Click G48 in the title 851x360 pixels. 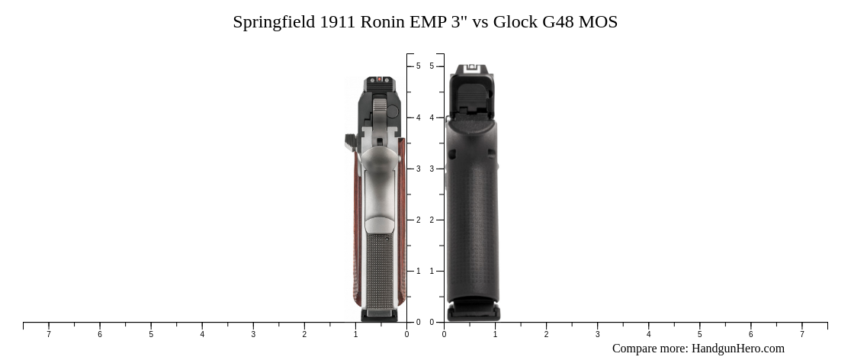tap(558, 22)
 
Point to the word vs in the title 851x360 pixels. tap(480, 22)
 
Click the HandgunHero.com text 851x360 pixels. tap(737, 349)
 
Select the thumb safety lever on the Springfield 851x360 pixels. tap(351, 141)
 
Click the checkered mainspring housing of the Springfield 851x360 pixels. tap(380, 271)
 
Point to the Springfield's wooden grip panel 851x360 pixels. tap(356, 229)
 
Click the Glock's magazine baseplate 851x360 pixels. tap(473, 312)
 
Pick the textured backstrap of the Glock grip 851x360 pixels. tap(473, 229)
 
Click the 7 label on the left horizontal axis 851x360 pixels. tap(49, 334)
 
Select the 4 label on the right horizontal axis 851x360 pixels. tap(648, 334)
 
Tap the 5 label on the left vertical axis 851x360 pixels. tap(418, 66)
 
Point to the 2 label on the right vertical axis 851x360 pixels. tap(432, 220)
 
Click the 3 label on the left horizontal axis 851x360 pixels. tap(253, 334)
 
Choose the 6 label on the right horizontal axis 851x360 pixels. tap(750, 334)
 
